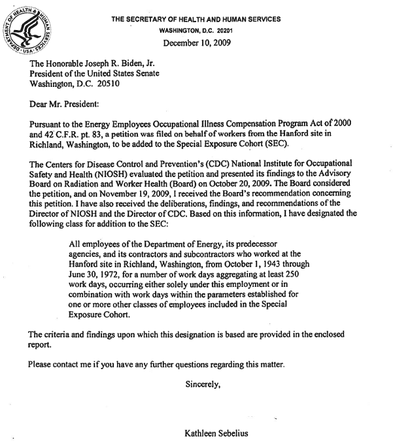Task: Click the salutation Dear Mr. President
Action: [64, 103]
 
